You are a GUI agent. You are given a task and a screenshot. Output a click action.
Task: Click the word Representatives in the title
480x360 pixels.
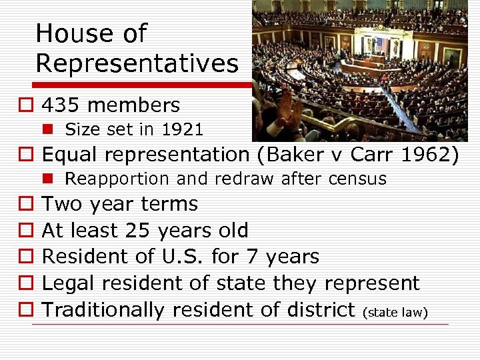click(137, 63)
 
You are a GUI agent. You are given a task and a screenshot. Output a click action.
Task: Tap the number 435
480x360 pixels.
click(61, 105)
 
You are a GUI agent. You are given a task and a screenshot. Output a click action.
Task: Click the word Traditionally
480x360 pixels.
click(103, 310)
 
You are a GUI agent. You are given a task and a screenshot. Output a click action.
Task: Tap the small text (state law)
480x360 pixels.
click(395, 312)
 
